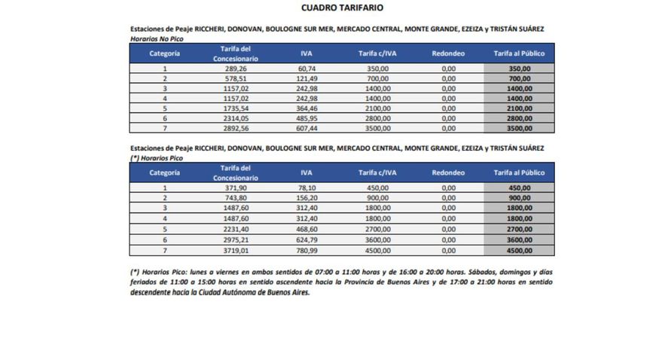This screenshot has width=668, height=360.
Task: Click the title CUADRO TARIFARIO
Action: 332,8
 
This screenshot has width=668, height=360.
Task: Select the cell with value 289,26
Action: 236,68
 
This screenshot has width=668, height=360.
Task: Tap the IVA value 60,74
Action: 306,68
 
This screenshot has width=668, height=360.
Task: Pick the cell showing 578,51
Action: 236,78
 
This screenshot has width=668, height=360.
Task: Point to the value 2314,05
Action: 236,118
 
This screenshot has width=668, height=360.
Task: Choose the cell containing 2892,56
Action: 236,128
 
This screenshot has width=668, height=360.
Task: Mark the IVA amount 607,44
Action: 306,128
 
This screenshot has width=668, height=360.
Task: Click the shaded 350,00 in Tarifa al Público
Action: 519,68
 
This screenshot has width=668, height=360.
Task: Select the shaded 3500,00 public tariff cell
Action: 519,128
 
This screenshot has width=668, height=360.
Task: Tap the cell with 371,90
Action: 236,188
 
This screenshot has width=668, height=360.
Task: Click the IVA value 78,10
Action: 306,188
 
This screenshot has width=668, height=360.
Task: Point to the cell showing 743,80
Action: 236,197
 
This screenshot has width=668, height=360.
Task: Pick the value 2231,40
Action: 236,228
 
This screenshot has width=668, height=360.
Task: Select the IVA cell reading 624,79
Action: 306,239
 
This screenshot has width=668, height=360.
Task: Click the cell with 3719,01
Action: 236,249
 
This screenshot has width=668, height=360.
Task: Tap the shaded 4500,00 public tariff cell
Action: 519,249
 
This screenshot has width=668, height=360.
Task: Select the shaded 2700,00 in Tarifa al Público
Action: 519,228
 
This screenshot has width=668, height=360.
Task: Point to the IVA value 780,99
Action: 306,249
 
